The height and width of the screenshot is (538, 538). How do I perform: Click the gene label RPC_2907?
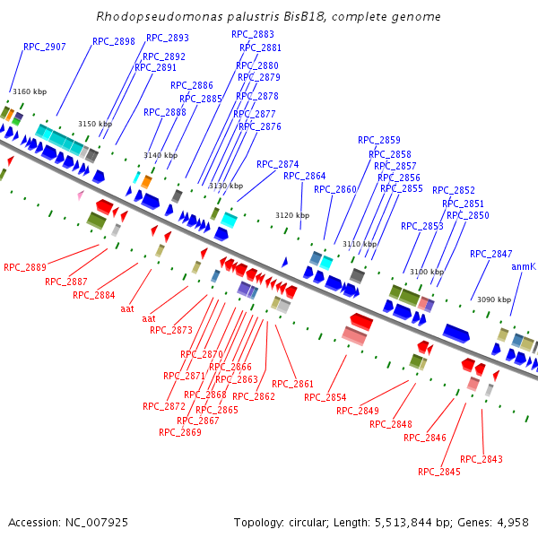[x=45, y=47]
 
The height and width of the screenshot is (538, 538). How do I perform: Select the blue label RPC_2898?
[x=114, y=41]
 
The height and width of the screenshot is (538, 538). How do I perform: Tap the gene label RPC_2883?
[x=253, y=34]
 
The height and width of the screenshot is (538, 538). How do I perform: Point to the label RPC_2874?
[x=278, y=164]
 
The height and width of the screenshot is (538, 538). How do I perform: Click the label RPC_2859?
[x=379, y=140]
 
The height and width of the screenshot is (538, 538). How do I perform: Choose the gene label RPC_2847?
[x=491, y=254]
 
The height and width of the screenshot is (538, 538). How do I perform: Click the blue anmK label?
[x=524, y=267]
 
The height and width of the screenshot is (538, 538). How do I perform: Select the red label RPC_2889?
[x=25, y=267]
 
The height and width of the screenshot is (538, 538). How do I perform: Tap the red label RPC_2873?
[x=171, y=330]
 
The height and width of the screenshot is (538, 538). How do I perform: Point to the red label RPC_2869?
[x=180, y=432]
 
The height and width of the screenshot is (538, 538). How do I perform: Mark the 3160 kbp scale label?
[x=29, y=91]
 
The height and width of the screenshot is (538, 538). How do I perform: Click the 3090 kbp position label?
[x=493, y=299]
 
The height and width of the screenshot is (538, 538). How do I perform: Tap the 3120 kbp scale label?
[x=292, y=215]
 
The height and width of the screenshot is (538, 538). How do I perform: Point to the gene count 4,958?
[x=514, y=522]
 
